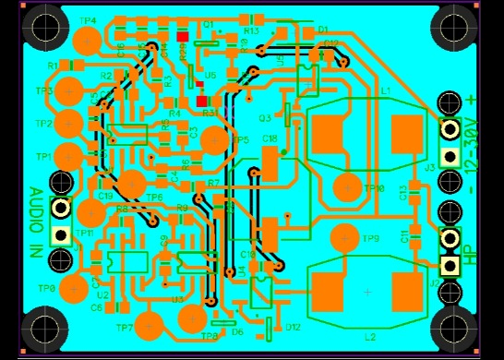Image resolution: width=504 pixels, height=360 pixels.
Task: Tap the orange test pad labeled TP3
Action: tap(69, 91)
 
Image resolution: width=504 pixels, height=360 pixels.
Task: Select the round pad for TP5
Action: tap(214, 140)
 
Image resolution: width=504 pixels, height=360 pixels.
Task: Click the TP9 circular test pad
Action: tap(345, 237)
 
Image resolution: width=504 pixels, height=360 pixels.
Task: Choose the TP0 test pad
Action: tap(72, 288)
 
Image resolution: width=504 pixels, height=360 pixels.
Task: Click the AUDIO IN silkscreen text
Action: tap(35, 222)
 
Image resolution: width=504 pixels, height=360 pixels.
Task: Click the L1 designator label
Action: tap(386, 90)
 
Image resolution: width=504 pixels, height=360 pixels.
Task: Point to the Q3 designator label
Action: tap(265, 118)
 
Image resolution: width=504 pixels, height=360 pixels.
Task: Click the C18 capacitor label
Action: tap(270, 138)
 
